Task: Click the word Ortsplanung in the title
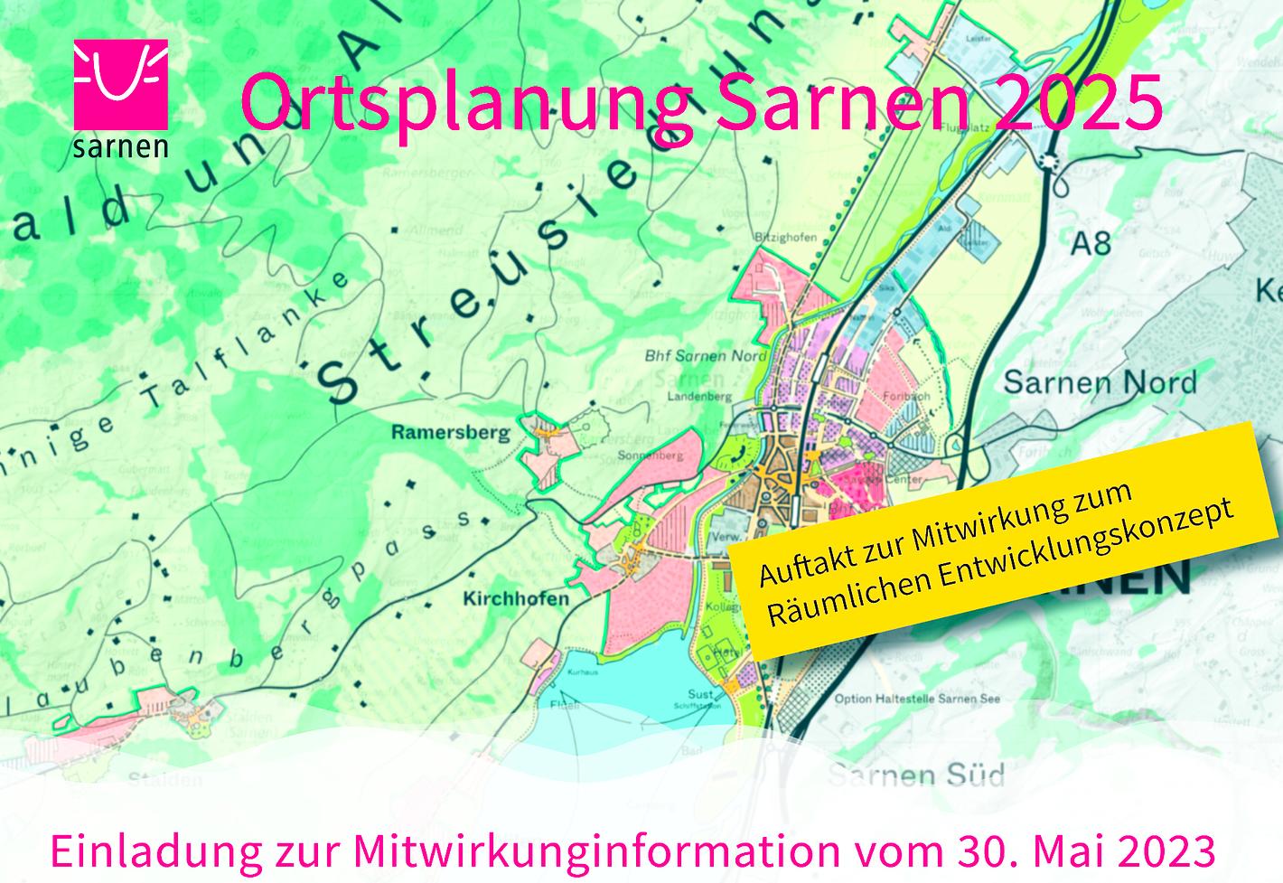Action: [465, 102]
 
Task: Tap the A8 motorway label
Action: [1090, 243]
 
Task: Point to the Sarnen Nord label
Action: [1100, 382]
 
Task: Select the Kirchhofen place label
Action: [516, 598]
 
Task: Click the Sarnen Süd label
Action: [916, 775]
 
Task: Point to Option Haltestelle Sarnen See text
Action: [916, 699]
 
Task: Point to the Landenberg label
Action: [698, 396]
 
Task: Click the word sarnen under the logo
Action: [120, 147]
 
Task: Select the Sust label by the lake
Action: [700, 694]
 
